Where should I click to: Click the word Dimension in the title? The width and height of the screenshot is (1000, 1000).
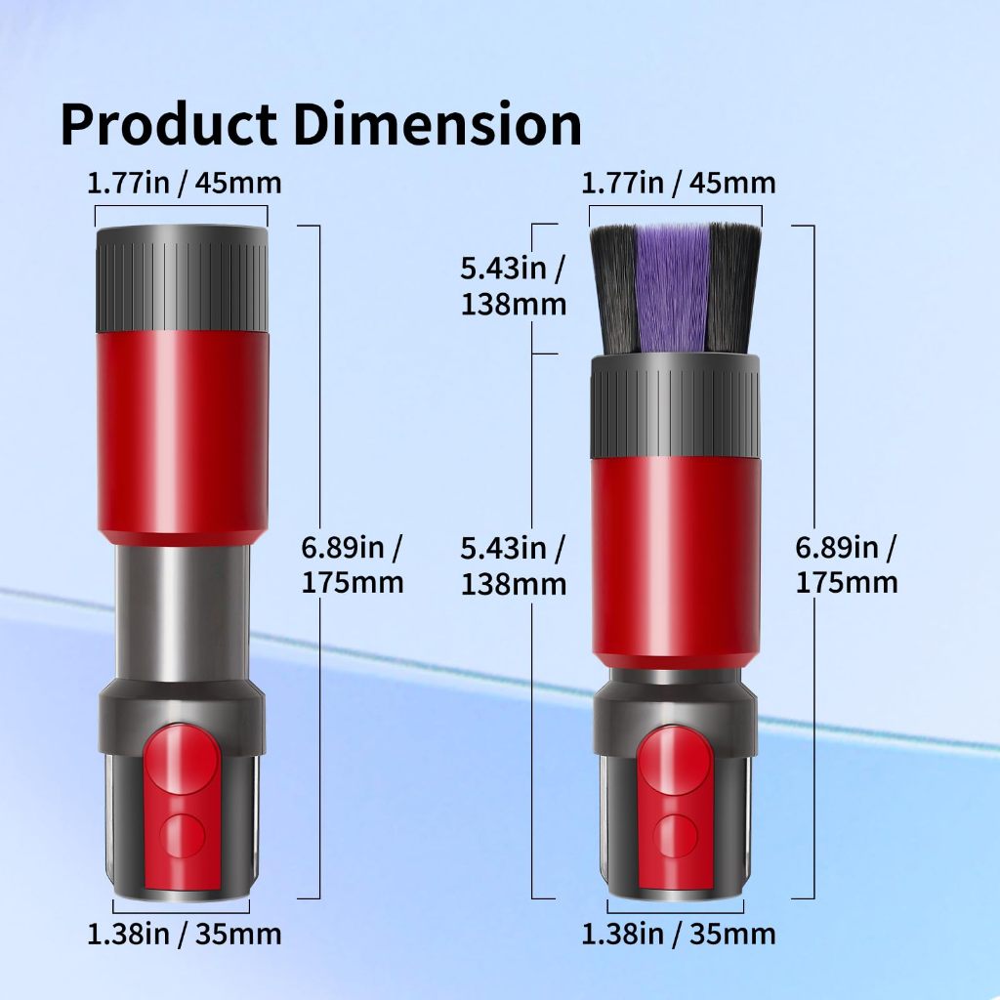437,124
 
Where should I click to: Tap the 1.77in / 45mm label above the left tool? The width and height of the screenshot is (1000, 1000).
185,182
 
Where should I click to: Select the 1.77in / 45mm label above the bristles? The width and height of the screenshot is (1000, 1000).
679,182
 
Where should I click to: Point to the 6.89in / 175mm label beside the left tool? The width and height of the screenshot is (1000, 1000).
353,564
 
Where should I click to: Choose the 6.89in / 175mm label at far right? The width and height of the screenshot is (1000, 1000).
847,564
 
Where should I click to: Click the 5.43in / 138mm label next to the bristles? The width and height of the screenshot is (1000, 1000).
514,286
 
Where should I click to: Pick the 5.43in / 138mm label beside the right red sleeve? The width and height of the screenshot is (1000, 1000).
514,565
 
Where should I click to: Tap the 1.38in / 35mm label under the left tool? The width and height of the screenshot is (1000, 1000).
185,934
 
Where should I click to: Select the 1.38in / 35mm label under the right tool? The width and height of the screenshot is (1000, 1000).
679,934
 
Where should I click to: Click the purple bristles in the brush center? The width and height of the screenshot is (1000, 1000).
673,288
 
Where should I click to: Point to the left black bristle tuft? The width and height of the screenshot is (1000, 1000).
615,288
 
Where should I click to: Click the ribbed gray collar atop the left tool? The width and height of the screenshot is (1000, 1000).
182,279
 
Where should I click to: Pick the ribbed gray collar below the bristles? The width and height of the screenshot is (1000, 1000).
676,406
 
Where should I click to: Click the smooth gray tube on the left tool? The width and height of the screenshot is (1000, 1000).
182,610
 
